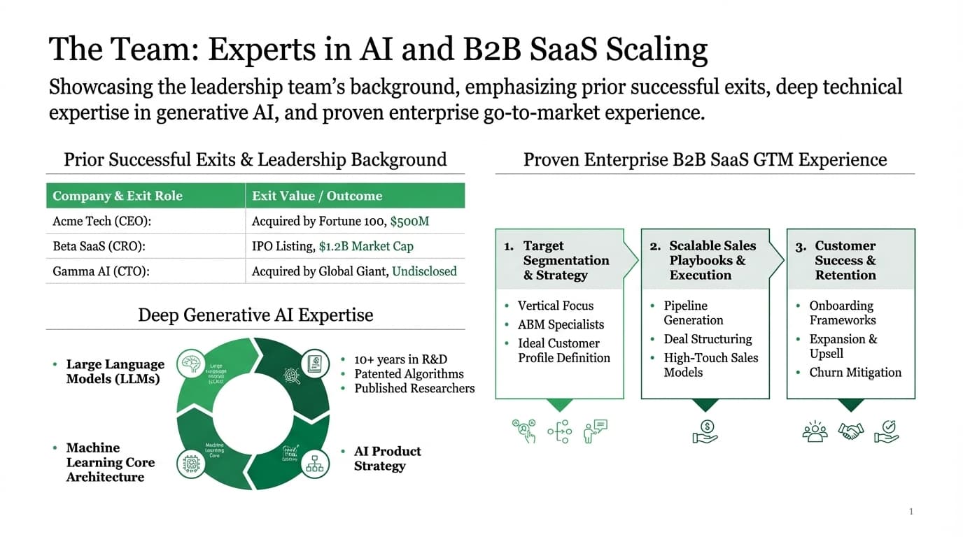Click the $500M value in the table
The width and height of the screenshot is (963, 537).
tap(409, 221)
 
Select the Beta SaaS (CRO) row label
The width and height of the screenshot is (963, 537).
tap(102, 246)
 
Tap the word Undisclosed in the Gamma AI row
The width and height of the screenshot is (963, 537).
tap(424, 271)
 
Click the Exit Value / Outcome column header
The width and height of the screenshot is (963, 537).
tap(317, 196)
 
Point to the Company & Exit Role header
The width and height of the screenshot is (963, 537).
tap(118, 196)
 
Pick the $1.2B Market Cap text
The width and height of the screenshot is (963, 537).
tap(366, 246)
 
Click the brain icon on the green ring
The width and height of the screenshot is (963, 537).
tap(191, 363)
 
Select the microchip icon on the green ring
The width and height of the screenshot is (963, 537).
tap(191, 463)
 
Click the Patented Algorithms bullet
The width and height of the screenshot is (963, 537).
tap(409, 374)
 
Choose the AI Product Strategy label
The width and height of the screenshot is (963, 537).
tap(387, 459)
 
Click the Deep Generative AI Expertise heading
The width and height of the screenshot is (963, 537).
tap(255, 315)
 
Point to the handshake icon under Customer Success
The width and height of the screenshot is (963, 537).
tap(851, 431)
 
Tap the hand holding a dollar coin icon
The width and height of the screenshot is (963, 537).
tap(705, 431)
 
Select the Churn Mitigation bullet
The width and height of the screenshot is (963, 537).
tap(855, 373)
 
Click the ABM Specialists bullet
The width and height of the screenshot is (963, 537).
tap(561, 324)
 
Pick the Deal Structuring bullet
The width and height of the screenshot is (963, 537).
tap(708, 339)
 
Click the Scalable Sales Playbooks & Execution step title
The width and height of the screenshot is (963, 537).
tap(712, 260)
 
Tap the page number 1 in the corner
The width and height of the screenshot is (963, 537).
tap(911, 512)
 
